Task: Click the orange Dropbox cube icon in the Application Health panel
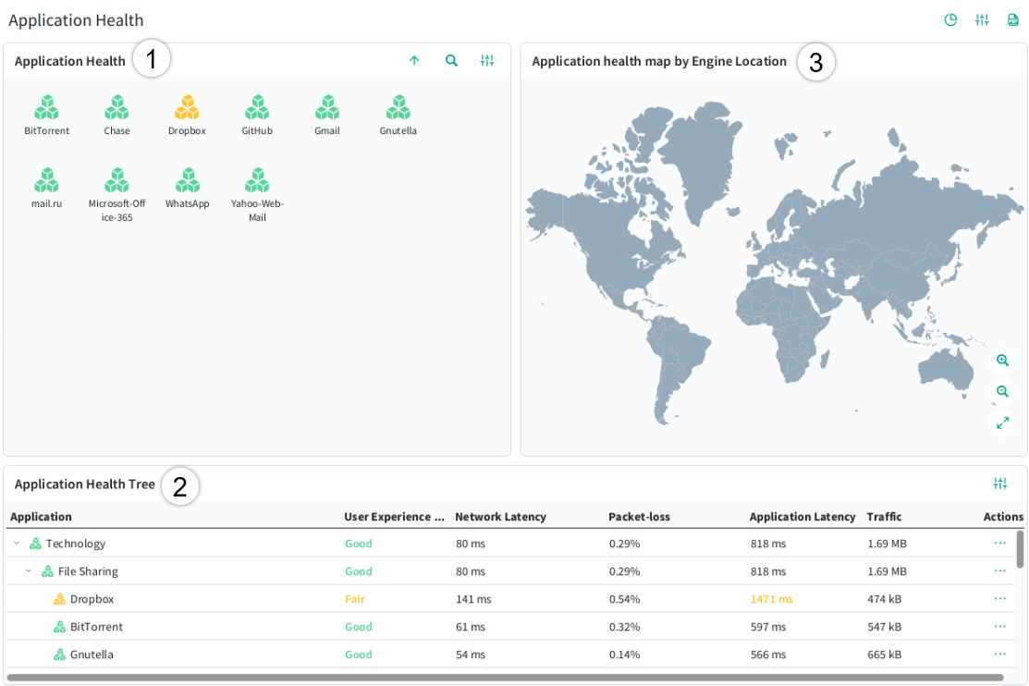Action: tap(187, 107)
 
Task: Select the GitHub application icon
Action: tap(257, 107)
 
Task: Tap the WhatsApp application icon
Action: tap(188, 180)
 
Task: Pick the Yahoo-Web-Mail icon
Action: tap(257, 180)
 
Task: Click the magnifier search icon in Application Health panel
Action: tap(451, 60)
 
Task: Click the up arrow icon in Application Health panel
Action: tap(414, 60)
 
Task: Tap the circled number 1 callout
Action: tap(152, 59)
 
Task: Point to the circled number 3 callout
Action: tap(815, 62)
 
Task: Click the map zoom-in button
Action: tap(1003, 361)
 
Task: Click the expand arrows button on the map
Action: tap(1003, 423)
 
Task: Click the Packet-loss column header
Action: tap(639, 517)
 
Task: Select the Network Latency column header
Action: tap(501, 517)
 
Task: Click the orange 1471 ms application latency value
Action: tap(772, 599)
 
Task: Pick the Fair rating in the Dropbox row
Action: tap(355, 599)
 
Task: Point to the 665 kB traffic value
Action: tap(885, 655)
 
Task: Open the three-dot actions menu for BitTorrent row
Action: tap(1000, 626)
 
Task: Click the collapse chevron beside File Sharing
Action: tap(29, 571)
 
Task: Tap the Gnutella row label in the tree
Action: tap(92, 655)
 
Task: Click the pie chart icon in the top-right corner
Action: tap(950, 19)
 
